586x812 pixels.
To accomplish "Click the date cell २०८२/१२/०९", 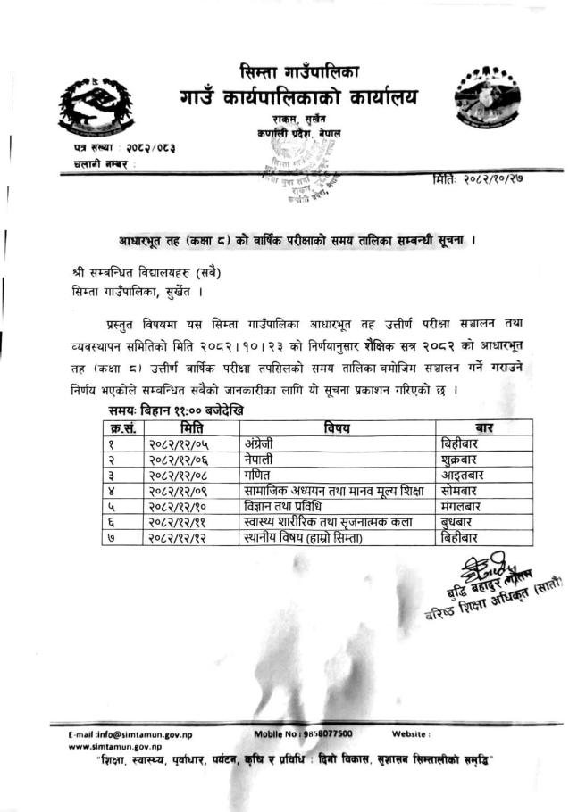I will pos(178,490).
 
